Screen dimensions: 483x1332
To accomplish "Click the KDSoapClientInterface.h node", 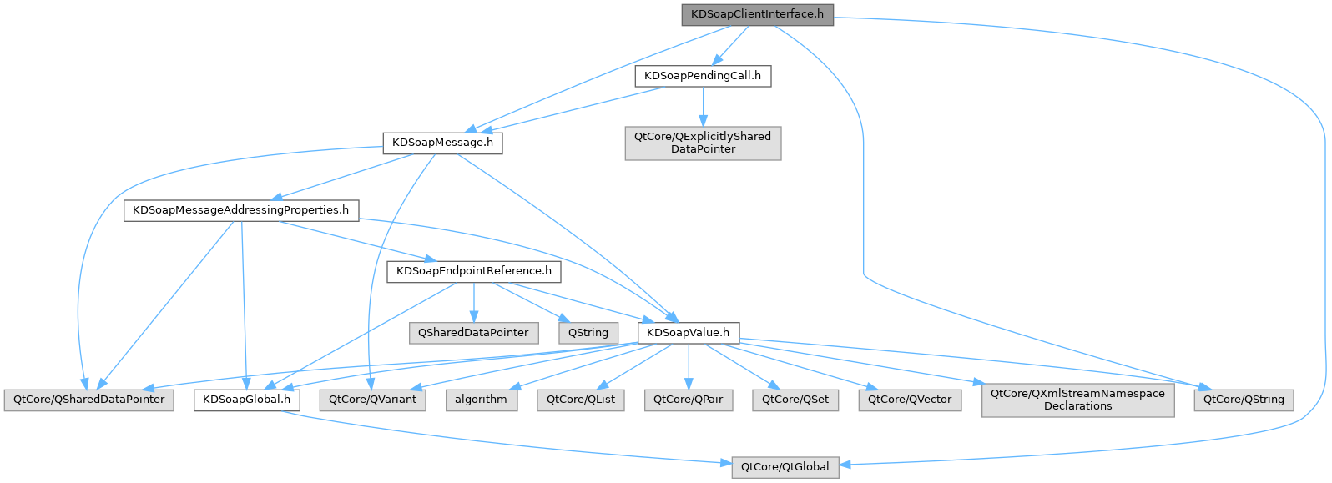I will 757,14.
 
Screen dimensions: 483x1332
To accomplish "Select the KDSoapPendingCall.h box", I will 703,76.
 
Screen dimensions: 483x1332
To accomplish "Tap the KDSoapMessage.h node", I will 442,143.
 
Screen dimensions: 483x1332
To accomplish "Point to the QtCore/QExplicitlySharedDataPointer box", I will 703,143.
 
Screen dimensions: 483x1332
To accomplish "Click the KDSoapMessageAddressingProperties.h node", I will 240,210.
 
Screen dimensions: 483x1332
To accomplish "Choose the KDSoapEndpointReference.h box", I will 473,271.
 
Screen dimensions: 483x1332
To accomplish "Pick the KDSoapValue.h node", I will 688,333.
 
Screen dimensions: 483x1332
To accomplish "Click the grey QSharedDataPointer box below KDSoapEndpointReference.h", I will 473,333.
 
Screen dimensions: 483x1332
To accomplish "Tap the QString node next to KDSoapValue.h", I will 588,333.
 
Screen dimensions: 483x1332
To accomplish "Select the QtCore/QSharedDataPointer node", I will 88,400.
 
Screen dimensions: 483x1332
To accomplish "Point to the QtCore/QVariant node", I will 372,400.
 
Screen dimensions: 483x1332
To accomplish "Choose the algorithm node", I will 481,400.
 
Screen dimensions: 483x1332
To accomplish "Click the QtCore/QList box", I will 581,400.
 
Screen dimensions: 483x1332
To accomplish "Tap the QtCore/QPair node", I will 688,400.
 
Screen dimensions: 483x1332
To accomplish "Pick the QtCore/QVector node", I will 910,400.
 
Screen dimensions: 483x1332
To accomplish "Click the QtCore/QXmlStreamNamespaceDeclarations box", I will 1077,400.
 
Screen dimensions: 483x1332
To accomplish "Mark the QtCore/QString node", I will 1244,400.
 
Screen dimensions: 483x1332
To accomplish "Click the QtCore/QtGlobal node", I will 785,467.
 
